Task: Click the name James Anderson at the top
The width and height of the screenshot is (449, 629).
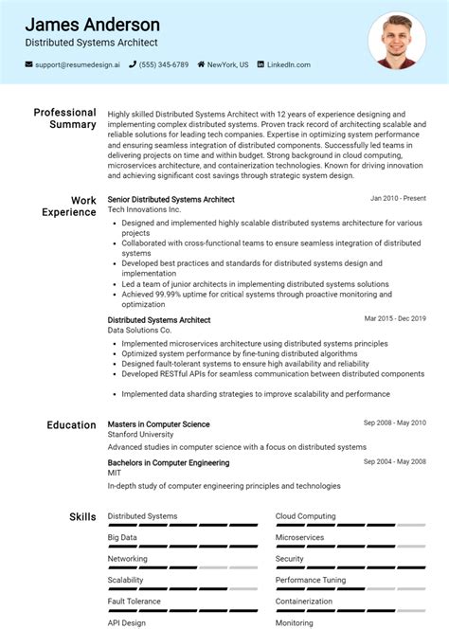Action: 92,25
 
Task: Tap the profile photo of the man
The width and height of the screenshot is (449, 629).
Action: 397,40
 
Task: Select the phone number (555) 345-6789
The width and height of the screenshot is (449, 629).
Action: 164,64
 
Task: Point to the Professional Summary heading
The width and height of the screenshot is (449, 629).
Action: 64,118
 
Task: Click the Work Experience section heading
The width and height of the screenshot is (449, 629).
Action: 69,207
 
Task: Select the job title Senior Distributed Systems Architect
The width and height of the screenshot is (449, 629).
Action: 171,200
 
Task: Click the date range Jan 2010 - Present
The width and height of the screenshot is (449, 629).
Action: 398,199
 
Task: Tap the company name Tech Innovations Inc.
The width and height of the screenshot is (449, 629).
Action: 143,208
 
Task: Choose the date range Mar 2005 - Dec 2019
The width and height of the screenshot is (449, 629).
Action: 395,319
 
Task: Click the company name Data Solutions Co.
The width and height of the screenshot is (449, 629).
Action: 139,330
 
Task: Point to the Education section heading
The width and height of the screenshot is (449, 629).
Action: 71,425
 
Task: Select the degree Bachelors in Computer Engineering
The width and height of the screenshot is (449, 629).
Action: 169,462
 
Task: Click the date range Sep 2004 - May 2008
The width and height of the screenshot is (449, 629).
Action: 394,462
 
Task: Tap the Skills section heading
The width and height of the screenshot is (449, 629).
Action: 82,517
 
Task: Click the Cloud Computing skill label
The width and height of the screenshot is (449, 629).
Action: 305,516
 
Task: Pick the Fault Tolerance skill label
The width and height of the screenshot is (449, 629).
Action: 135,601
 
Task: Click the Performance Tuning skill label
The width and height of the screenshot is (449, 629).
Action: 311,579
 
